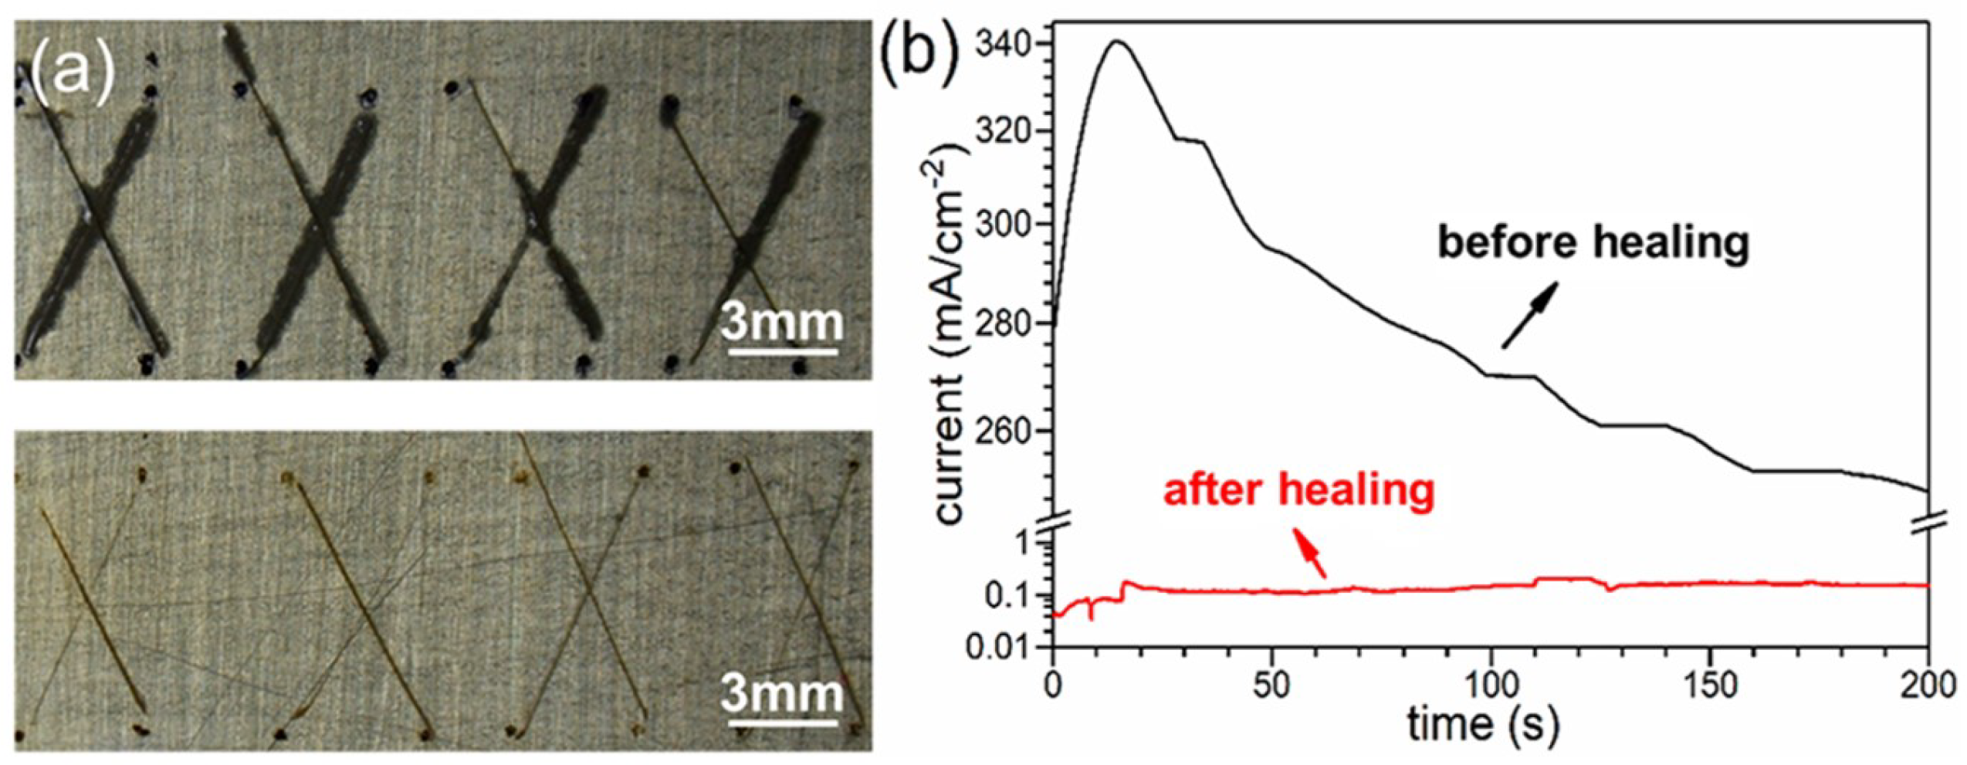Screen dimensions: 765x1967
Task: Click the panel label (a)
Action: [x=72, y=76]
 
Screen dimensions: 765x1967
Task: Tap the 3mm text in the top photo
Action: [x=782, y=323]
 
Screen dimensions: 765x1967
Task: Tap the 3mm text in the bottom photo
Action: [x=782, y=693]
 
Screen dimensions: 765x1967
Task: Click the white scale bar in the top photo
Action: [x=783, y=353]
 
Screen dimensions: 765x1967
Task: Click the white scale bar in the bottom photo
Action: [x=783, y=723]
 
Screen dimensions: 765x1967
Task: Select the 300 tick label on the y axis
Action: [x=1001, y=225]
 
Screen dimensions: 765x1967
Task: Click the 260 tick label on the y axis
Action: [x=1001, y=431]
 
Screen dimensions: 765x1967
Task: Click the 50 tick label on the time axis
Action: [x=1271, y=685]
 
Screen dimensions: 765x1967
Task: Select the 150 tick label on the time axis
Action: [x=1709, y=685]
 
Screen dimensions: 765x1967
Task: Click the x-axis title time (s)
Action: [x=1482, y=726]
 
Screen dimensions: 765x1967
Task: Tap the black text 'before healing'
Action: [x=1593, y=242]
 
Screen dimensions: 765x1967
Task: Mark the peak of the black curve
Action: [x=1117, y=41]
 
